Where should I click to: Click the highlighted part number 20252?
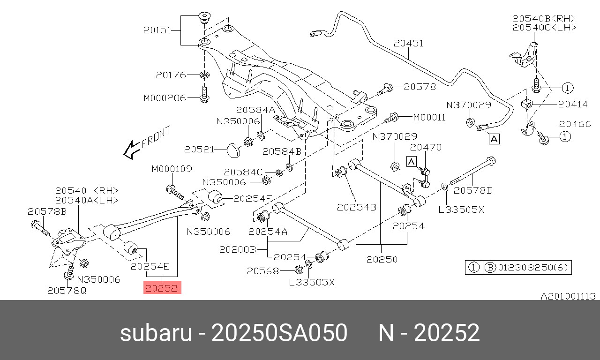[x=162, y=288]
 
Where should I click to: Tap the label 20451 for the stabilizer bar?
[x=408, y=44]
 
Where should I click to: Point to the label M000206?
[x=165, y=98]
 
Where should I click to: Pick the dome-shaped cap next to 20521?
[x=232, y=150]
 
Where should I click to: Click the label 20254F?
[x=253, y=198]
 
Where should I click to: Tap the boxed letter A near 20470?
[x=411, y=162]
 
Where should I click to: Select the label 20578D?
[x=473, y=190]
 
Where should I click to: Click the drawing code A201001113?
[x=568, y=296]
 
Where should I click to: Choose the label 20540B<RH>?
[x=544, y=19]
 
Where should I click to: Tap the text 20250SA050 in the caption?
[x=279, y=333]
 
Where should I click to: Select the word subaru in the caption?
[x=156, y=333]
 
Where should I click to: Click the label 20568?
[x=263, y=270]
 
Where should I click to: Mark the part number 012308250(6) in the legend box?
[x=533, y=268]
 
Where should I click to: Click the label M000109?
[x=172, y=169]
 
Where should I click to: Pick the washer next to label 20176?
[x=204, y=75]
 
